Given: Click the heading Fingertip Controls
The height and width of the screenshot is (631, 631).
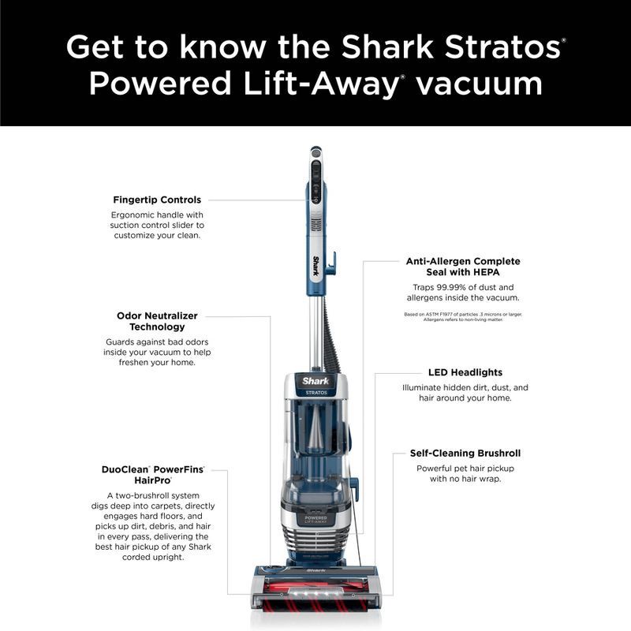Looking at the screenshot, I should tap(157, 200).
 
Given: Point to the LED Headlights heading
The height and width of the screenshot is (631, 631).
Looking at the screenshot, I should tap(465, 372).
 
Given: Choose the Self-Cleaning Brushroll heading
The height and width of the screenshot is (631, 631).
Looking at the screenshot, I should tap(465, 453).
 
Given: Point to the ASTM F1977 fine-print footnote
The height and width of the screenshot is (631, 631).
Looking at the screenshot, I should tap(463, 316).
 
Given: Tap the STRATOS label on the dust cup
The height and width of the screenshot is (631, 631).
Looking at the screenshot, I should tap(315, 392).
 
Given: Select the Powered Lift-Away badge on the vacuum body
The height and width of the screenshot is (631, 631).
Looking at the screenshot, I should tap(315, 520).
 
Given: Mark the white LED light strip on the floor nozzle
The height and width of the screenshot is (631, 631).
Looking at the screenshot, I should tap(315, 589).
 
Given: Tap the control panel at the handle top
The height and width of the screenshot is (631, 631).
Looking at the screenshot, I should tap(315, 177).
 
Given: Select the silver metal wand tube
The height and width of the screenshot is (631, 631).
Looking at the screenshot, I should tap(315, 331).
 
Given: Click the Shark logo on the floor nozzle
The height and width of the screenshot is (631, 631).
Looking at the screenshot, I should tap(315, 569).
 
